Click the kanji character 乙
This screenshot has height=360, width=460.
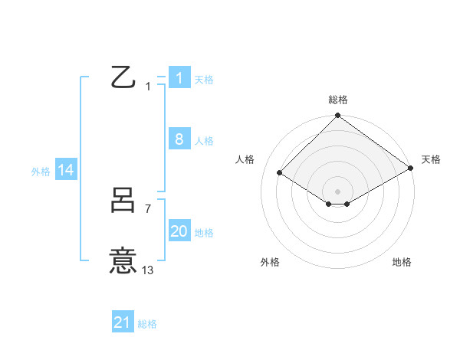[123, 77]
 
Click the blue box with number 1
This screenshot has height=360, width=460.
[179, 78]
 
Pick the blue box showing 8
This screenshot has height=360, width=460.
[179, 139]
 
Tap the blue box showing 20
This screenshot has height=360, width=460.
[179, 231]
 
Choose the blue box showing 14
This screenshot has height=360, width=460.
[66, 171]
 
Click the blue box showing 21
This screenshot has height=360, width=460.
[123, 323]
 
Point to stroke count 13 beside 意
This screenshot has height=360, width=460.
[147, 270]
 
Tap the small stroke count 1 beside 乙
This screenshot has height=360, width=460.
[148, 87]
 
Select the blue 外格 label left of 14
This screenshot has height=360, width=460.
[41, 172]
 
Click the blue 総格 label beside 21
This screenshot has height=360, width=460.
[147, 324]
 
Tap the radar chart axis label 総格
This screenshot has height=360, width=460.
[337, 100]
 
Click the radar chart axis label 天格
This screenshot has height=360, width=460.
[431, 159]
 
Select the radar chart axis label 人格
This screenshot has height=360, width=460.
[245, 159]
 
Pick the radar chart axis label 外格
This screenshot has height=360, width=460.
[270, 262]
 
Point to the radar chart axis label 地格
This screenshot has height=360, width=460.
[402, 262]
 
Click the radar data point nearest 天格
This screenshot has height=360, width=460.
[411, 168]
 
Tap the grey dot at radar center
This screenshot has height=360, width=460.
[337, 191]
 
